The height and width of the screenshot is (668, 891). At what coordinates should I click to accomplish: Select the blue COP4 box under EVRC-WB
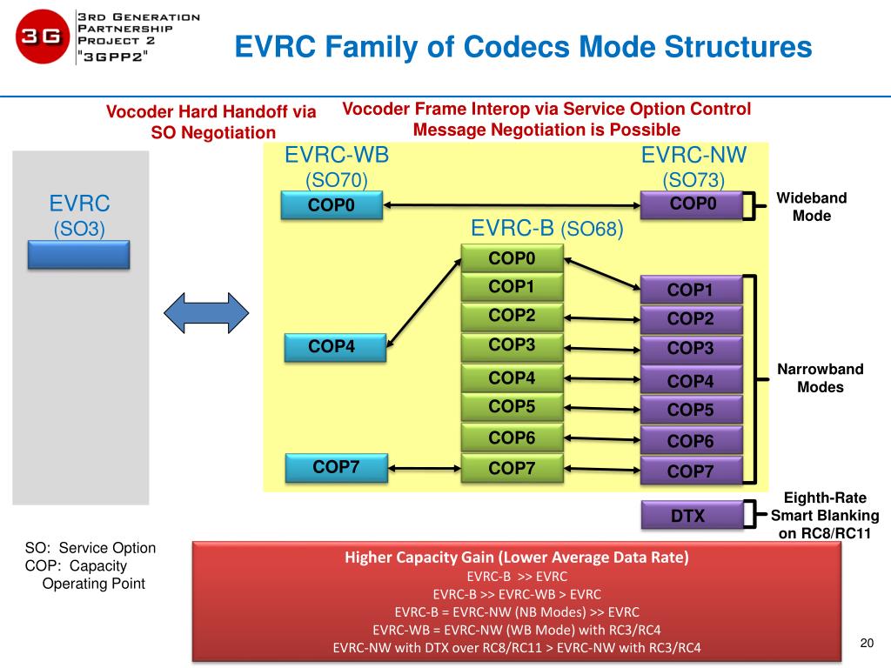click(332, 348)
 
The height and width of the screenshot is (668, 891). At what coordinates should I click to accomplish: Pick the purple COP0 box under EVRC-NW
click(693, 204)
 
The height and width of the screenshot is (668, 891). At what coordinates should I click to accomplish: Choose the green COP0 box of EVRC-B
click(512, 258)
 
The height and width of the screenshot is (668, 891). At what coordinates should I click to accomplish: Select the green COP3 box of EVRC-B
click(512, 346)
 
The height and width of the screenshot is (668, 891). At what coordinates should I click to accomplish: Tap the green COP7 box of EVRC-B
click(512, 469)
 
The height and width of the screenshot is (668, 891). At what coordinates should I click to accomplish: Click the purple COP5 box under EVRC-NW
click(691, 410)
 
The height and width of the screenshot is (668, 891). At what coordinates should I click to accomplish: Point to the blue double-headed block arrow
click(207, 313)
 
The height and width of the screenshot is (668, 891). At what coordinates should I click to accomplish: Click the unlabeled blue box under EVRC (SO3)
click(79, 254)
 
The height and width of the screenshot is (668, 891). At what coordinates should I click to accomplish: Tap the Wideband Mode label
click(811, 207)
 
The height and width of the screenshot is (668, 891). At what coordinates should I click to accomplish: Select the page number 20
click(866, 643)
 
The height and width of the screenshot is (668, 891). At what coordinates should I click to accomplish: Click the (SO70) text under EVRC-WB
click(337, 180)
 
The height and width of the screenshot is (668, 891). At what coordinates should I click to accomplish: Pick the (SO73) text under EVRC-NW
click(693, 180)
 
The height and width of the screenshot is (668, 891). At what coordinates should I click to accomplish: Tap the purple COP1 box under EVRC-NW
click(691, 290)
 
